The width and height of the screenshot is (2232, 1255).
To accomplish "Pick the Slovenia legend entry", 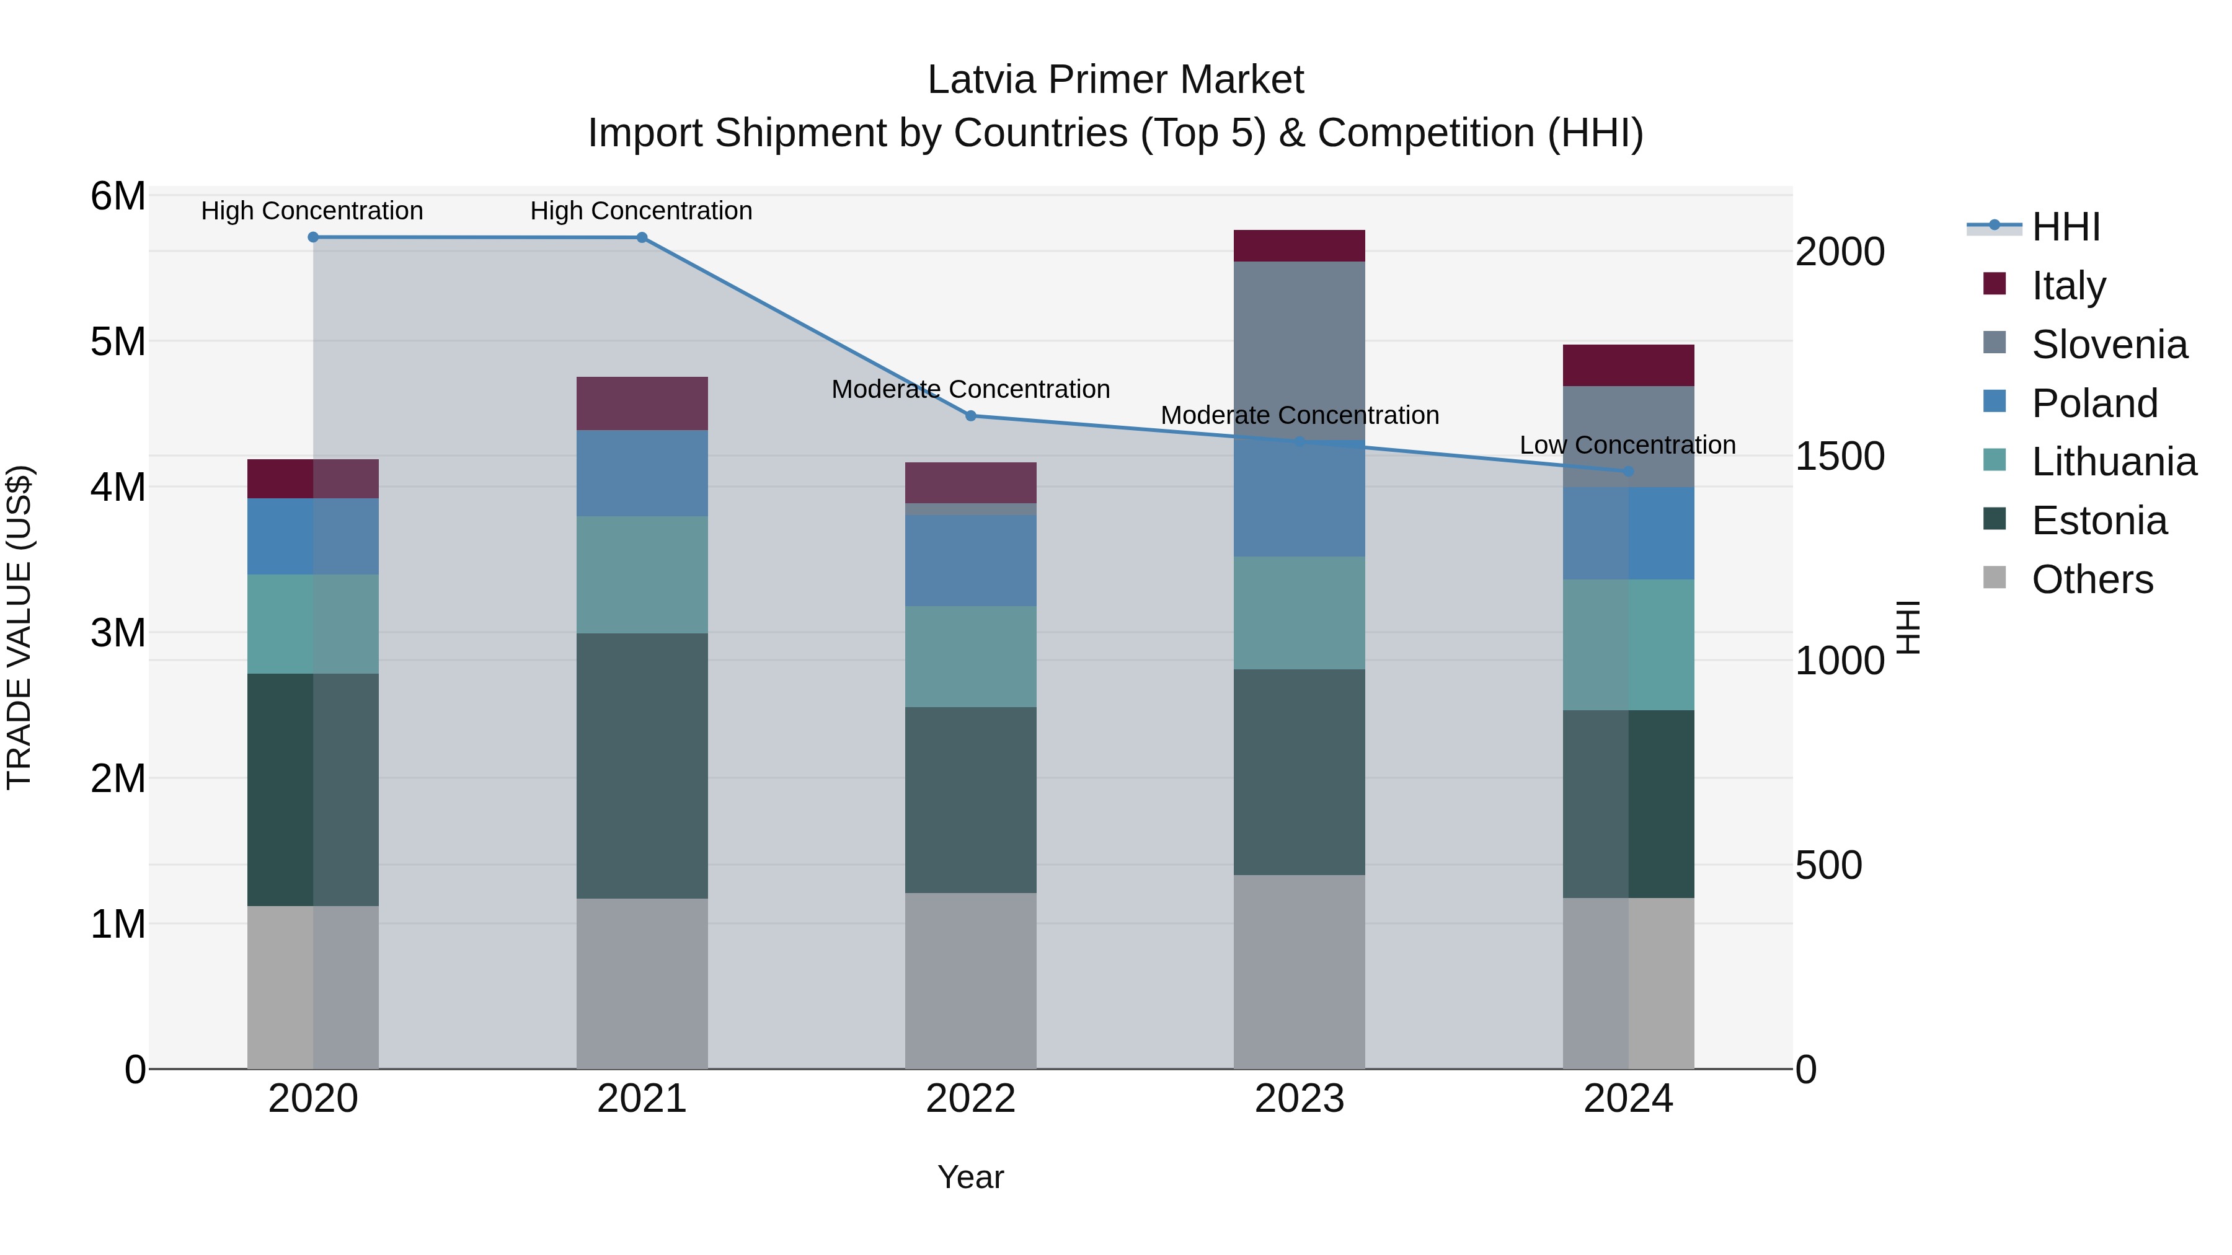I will tap(2109, 345).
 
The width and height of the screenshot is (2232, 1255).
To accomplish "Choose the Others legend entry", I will tap(2092, 579).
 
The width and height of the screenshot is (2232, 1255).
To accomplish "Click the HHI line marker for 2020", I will tap(313, 237).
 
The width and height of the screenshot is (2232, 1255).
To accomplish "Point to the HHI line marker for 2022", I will tap(970, 416).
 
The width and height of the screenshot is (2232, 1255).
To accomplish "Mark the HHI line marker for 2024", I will tap(1628, 471).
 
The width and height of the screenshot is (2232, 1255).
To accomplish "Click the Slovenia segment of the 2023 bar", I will tap(1299, 346).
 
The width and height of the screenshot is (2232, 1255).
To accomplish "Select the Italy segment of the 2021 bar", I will tap(642, 403).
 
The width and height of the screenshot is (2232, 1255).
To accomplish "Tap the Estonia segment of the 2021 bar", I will tap(642, 765).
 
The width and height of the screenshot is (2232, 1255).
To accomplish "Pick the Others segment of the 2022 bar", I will tap(970, 980).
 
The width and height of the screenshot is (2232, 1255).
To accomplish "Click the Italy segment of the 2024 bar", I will tap(1628, 366).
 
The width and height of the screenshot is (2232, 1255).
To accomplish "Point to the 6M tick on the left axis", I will tap(118, 196).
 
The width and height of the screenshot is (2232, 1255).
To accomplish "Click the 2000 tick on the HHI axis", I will tap(1839, 252).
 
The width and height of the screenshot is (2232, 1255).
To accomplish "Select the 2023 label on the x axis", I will tap(1299, 1099).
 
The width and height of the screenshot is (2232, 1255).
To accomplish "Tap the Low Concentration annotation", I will tap(1627, 445).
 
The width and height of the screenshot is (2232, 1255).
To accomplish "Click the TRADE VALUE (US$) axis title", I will tap(19, 627).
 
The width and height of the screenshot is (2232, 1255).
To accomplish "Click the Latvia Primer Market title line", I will tap(1115, 80).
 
